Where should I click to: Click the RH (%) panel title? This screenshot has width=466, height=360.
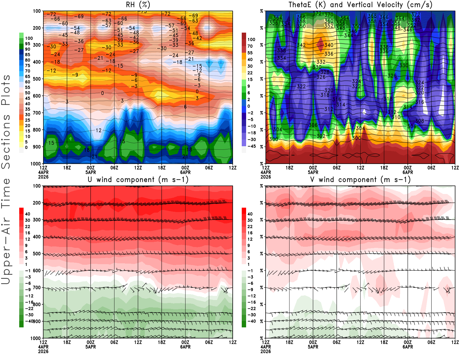pyautogui.click(x=138, y=5)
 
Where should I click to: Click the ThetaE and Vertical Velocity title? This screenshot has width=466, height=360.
pyautogui.click(x=360, y=5)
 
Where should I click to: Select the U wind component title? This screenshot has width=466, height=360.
pyautogui.click(x=138, y=180)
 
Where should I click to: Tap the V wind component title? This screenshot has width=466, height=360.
pyautogui.click(x=360, y=180)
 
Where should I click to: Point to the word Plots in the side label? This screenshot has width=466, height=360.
pyautogui.click(x=6, y=90)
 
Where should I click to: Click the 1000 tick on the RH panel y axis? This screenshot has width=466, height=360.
pyautogui.click(x=36, y=164)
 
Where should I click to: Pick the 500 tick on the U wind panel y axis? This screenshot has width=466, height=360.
pyautogui.click(x=37, y=254)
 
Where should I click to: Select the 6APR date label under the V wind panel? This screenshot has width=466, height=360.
pyautogui.click(x=408, y=347)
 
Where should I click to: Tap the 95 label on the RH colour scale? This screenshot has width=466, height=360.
pyautogui.click(x=28, y=44)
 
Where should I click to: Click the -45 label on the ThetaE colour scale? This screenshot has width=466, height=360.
pyautogui.click(x=251, y=146)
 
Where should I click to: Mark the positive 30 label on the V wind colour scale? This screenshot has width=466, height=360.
pyautogui.click(x=250, y=220)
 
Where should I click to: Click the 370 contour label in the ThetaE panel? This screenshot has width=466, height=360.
pyautogui.click(x=329, y=15)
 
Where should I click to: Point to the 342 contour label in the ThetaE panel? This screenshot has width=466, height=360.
pyautogui.click(x=301, y=45)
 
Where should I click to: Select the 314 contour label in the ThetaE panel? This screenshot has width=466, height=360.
pyautogui.click(x=340, y=105)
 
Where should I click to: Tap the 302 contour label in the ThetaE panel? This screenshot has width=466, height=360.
pyautogui.click(x=321, y=136)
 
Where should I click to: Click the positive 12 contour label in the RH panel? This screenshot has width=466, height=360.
pyautogui.click(x=98, y=130)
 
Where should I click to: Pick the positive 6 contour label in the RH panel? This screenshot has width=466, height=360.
pyautogui.click(x=185, y=107)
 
